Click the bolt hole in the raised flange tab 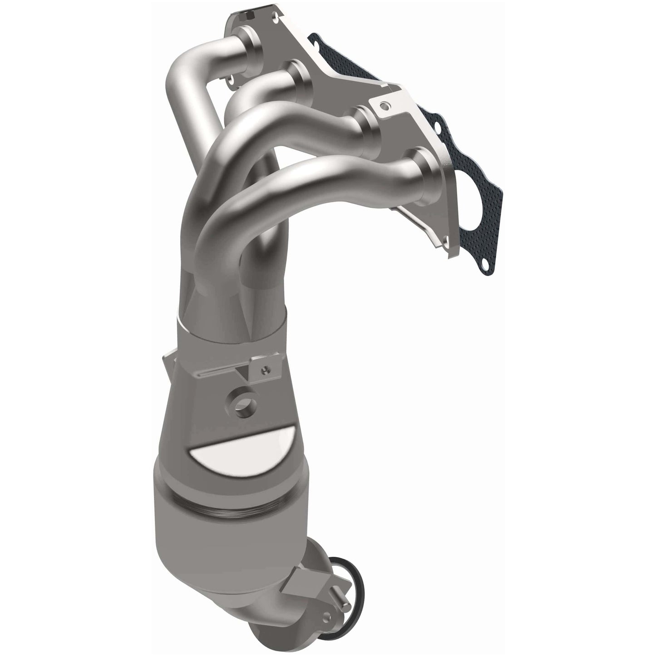point(385,106)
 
